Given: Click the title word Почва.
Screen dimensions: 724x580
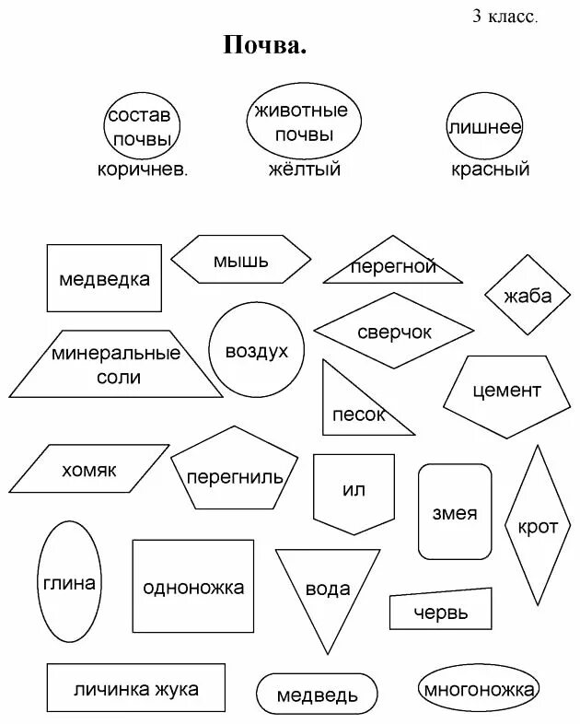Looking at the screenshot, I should [x=264, y=45].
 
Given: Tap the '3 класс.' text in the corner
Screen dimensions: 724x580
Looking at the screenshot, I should [x=505, y=16].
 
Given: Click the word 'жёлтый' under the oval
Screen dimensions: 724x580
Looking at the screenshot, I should [x=304, y=169].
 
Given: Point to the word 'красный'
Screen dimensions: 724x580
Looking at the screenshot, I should [x=490, y=169].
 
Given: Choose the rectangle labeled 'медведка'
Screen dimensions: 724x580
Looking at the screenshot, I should [x=104, y=278].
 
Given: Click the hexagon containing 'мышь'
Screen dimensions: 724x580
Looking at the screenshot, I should [x=241, y=260].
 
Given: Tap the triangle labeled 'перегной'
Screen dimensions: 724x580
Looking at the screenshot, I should [x=393, y=266].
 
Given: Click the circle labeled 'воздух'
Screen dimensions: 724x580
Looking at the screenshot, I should [x=256, y=350].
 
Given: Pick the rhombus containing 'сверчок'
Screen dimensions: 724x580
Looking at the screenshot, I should [x=394, y=332].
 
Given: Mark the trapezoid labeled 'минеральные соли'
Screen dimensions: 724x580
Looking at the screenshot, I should [x=116, y=365].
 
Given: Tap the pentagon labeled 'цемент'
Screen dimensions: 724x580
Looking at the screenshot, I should [x=506, y=391].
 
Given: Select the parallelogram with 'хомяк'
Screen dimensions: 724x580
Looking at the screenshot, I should [x=90, y=470].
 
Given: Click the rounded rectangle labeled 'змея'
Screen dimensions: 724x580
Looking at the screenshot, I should [x=455, y=512].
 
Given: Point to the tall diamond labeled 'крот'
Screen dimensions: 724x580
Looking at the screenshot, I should [x=538, y=526].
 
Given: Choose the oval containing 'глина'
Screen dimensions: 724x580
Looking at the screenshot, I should [x=69, y=582].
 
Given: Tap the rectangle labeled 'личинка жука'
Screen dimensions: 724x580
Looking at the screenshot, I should [x=123, y=689].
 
